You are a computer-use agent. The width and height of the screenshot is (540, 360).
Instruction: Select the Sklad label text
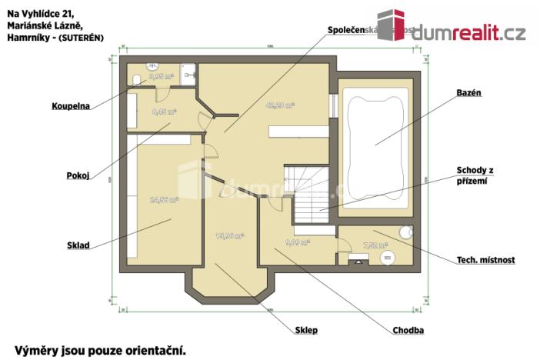click(x=78, y=246)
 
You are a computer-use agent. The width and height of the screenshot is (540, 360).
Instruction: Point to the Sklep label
click(x=306, y=330)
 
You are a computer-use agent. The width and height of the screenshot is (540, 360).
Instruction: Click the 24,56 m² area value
click(x=164, y=199)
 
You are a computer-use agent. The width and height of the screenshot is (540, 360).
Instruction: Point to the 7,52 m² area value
click(x=375, y=246)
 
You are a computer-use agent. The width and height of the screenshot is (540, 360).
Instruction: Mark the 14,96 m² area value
click(x=229, y=235)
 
